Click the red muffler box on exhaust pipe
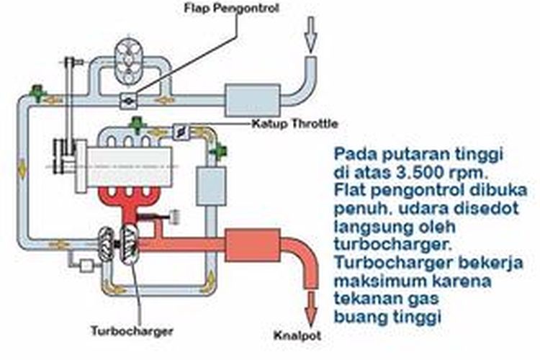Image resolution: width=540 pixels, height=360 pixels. pos(252,245)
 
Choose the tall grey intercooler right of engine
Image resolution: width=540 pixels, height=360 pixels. pos(211,188)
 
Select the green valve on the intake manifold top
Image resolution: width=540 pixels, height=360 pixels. pos(134,126)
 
